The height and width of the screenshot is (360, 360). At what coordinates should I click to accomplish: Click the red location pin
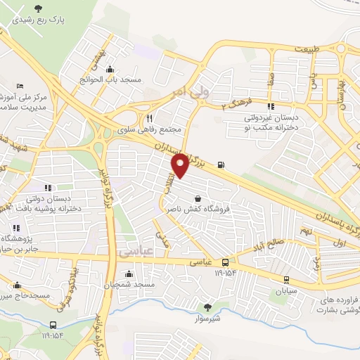tap(181, 165)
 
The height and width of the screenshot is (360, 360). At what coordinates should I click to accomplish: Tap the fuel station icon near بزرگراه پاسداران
tap(222, 165)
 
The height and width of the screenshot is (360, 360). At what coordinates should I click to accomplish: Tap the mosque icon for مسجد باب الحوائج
tap(109, 70)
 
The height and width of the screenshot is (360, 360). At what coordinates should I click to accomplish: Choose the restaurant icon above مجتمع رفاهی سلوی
tap(149, 119)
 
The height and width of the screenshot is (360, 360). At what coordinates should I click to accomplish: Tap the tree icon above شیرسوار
tap(207, 307)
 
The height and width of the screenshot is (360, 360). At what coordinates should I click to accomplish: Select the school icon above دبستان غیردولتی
tap(271, 106)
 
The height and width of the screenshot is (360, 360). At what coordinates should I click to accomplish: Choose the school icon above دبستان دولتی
tap(48, 188)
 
